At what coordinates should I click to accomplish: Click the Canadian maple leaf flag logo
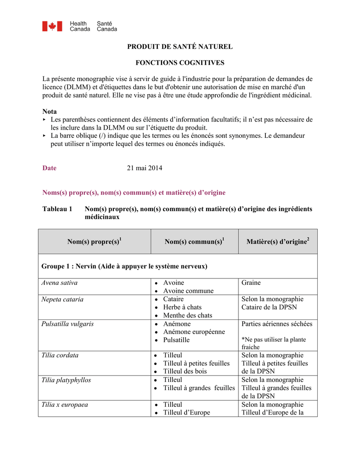[52, 26]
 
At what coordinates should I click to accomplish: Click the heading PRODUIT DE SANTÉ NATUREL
[179, 46]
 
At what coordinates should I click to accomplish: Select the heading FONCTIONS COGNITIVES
[179, 62]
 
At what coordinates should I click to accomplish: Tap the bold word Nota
[50, 111]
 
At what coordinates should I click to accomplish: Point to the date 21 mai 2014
[144, 168]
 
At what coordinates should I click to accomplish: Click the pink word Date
[50, 168]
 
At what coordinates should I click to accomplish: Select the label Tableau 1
[57, 209]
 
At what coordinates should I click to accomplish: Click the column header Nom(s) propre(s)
[94, 242]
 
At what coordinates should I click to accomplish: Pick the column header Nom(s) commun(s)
[194, 242]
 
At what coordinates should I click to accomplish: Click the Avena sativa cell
[60, 283]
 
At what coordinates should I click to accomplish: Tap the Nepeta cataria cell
[62, 299]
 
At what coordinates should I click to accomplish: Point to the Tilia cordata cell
[60, 355]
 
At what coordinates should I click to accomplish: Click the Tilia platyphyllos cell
[66, 380]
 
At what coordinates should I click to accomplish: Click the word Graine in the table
[251, 283]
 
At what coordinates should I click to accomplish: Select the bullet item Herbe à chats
[182, 307]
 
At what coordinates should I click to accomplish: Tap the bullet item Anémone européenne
[194, 332]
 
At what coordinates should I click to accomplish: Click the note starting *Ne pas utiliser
[274, 343]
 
